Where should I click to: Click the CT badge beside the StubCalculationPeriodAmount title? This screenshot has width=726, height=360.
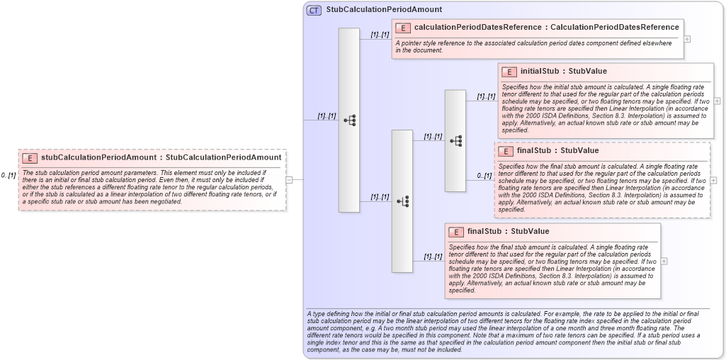314,10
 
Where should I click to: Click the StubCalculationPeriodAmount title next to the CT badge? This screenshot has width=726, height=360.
384,10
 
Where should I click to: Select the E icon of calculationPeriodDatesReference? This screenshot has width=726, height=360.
402,28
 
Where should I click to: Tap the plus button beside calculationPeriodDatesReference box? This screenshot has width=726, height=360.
687,38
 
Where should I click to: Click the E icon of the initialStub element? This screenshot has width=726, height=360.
509,72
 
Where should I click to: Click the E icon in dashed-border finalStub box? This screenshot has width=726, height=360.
505,151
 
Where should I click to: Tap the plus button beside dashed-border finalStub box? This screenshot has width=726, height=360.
713,180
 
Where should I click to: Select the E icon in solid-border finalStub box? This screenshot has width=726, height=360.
456,232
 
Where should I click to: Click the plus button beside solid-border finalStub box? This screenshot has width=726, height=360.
664,261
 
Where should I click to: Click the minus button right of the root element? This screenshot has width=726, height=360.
289,180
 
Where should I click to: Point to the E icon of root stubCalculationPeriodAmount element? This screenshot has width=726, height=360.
30,157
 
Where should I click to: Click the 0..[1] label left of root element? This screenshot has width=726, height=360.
8,175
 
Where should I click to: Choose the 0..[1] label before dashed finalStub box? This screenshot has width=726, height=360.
484,176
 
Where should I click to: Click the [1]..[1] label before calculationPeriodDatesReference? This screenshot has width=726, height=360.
379,34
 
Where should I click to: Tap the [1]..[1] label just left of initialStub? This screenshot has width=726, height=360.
486,96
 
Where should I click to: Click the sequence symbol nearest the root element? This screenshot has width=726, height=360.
349,120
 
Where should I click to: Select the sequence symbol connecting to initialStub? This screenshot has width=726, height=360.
455,141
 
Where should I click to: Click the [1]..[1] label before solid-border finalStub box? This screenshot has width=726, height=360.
433,257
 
